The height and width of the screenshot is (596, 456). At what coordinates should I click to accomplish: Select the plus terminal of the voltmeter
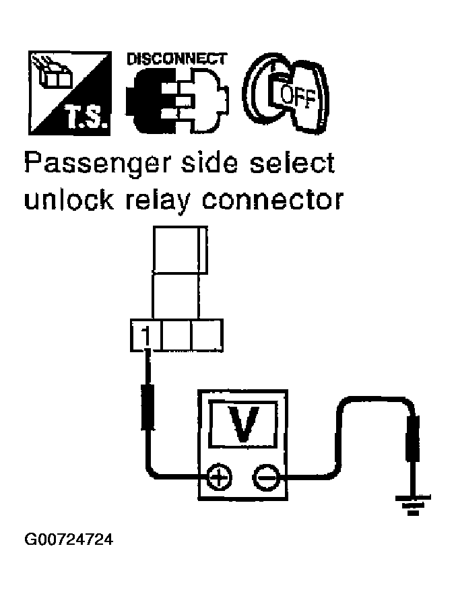coord(218,478)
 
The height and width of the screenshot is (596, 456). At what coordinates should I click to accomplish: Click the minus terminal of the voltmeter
coord(266,478)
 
